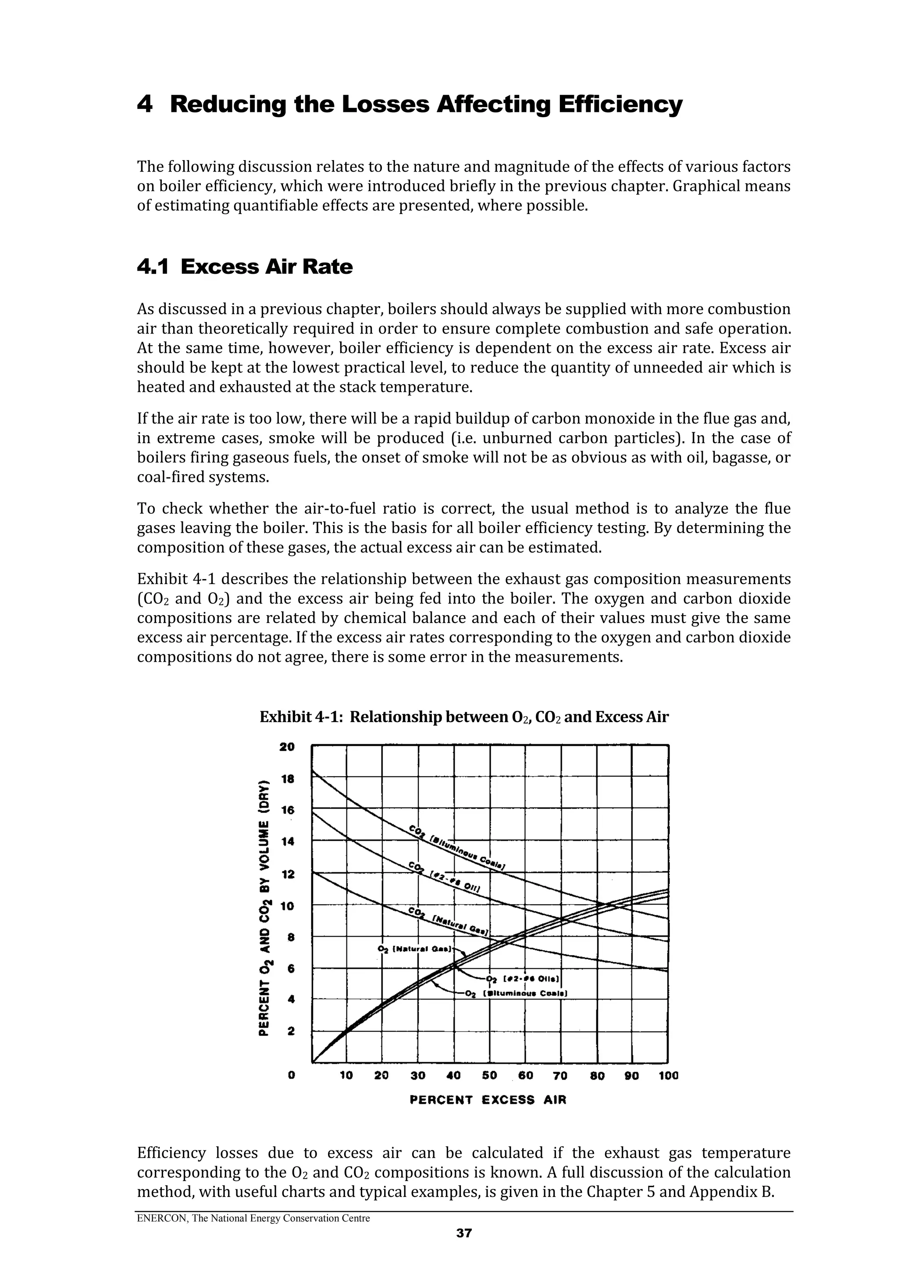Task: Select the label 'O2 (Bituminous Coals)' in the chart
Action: (x=517, y=993)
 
